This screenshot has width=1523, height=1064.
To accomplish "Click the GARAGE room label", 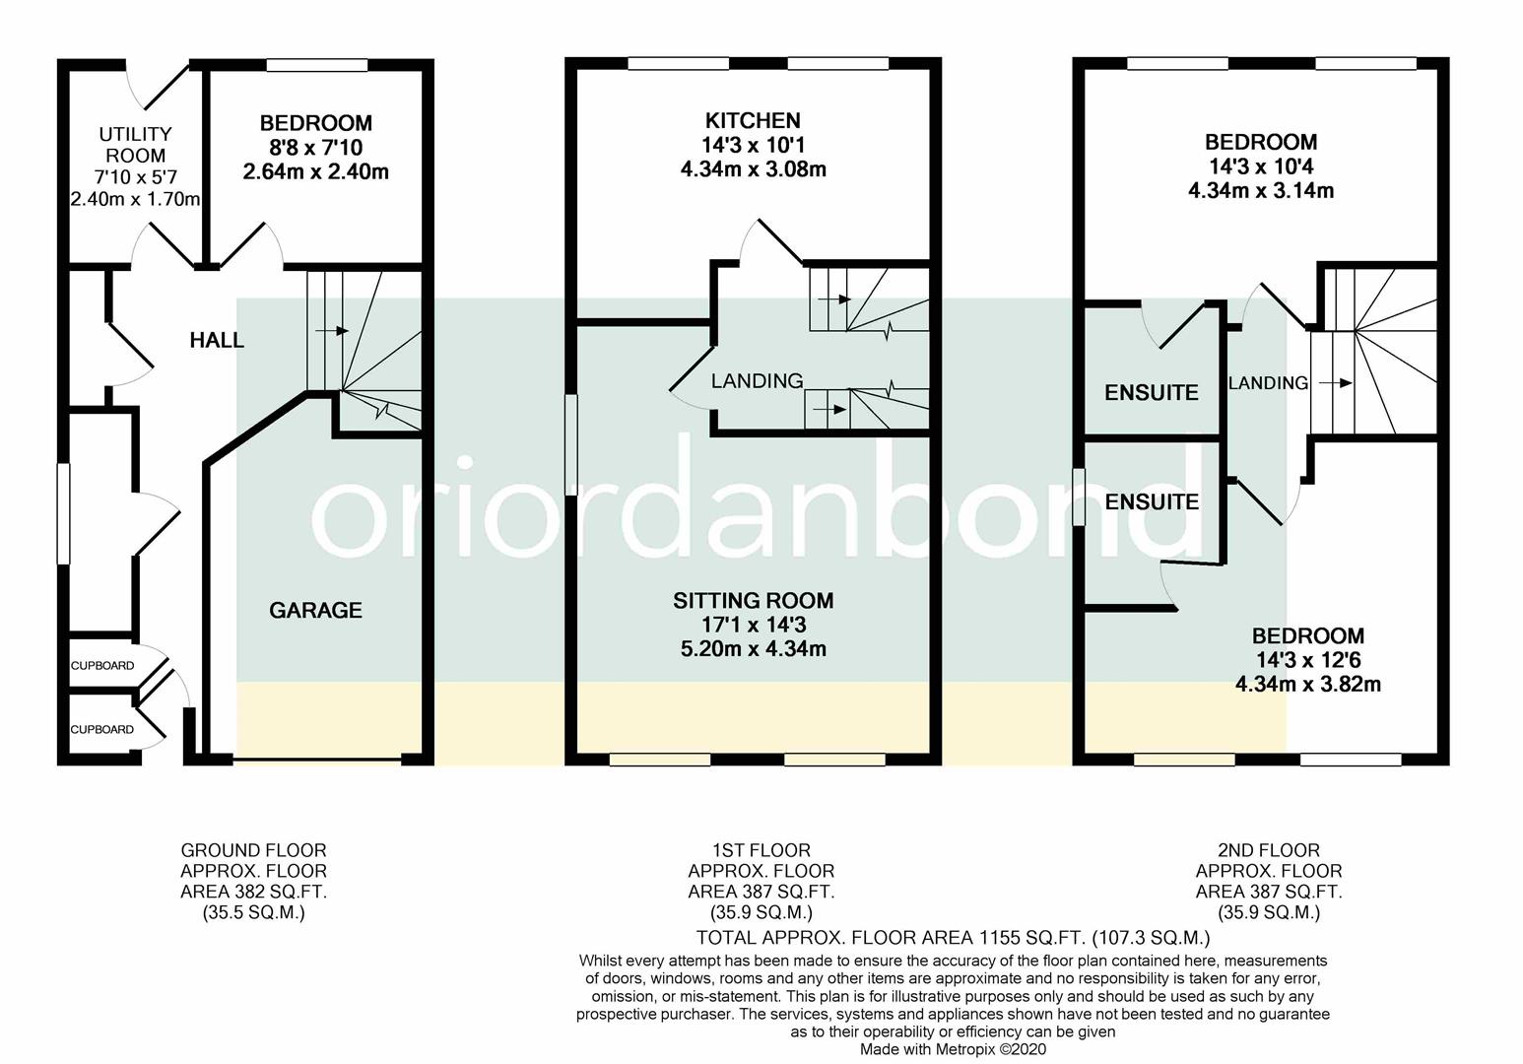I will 315,611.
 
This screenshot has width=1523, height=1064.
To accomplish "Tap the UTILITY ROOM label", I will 136,145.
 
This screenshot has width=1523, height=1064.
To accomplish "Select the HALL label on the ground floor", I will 217,341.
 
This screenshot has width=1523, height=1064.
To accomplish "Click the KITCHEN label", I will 753,121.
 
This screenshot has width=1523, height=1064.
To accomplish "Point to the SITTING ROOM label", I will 753,601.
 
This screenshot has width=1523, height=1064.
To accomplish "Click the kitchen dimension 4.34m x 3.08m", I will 753,169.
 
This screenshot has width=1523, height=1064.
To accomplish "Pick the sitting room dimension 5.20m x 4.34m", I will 753,649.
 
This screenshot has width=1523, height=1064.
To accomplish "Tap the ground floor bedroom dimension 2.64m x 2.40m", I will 315,172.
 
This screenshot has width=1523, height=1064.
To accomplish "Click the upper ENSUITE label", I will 1151,393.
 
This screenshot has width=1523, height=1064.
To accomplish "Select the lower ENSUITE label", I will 1151,502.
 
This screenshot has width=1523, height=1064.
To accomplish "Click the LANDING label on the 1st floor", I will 757,381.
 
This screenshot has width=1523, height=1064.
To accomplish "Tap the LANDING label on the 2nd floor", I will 1267,383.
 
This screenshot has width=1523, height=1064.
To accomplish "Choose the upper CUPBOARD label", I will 102,666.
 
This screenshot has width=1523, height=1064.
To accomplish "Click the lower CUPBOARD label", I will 102,730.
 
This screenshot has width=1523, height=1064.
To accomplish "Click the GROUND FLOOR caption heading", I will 253,850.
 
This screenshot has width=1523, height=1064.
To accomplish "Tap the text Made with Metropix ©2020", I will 953,1050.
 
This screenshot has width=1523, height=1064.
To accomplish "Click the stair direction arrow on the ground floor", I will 330,331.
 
